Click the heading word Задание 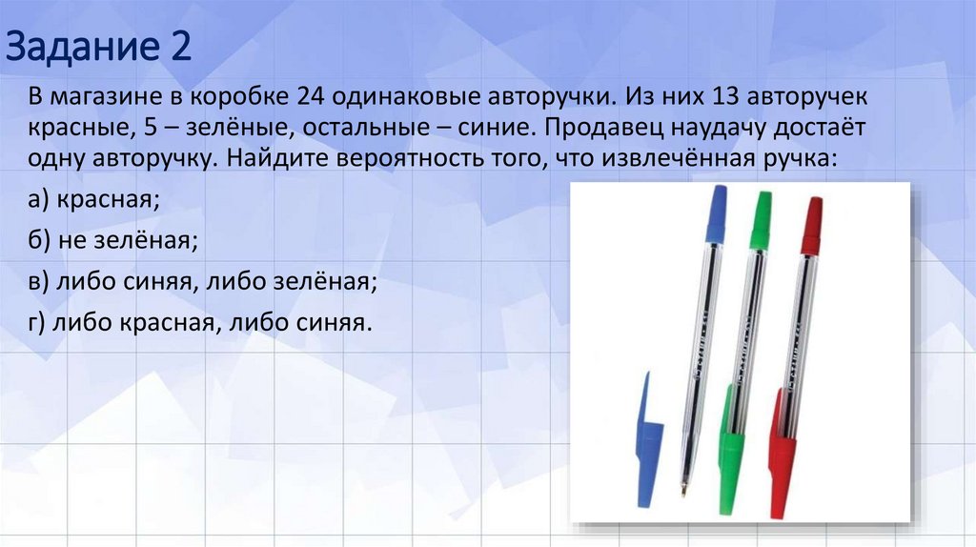[x=81, y=47]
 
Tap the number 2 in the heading [x=180, y=47]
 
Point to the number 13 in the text [x=766, y=98]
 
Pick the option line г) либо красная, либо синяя [x=198, y=324]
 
